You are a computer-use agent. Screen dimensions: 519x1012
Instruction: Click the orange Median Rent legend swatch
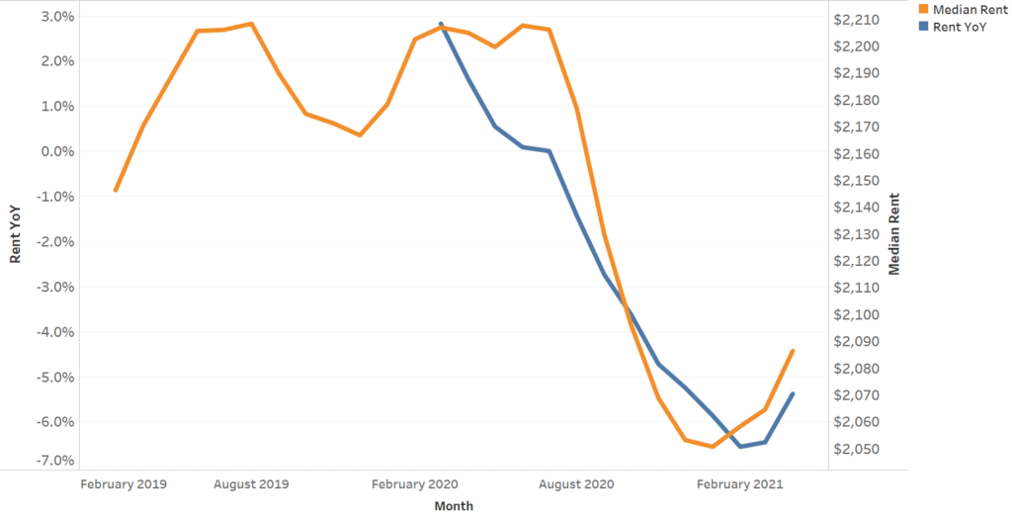point(924,10)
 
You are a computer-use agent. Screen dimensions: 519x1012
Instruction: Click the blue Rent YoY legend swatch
point(924,27)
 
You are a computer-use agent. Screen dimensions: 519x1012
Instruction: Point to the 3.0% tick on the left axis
point(57,17)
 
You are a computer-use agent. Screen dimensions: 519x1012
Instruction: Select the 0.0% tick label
point(57,151)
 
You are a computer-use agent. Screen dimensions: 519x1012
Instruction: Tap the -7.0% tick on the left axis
point(55,462)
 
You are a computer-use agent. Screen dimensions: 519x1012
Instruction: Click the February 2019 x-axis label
point(124,484)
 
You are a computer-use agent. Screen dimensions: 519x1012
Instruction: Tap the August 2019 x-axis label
point(251,484)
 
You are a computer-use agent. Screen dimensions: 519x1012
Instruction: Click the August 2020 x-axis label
point(578,484)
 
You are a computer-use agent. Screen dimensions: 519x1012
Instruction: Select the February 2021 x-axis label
point(740,484)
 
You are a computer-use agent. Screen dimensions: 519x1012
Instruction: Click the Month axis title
point(454,506)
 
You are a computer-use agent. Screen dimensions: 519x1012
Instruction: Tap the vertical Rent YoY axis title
point(16,233)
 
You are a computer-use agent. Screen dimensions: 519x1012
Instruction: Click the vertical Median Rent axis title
point(894,233)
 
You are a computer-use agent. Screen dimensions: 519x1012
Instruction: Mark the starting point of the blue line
point(441,23)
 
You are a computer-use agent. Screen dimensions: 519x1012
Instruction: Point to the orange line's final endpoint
point(793,351)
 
